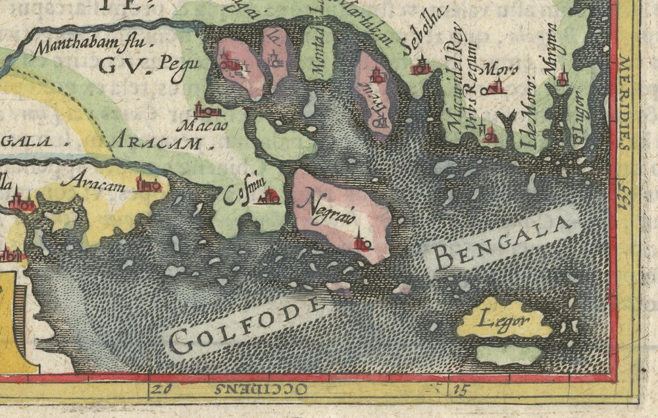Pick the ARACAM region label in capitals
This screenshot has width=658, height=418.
pyautogui.click(x=162, y=140)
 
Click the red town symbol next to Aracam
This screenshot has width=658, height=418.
pyautogui.click(x=147, y=184)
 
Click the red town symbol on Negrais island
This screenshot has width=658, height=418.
pyautogui.click(x=361, y=242)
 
